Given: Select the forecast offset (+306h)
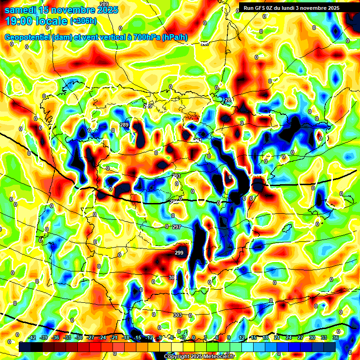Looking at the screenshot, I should click(83, 21).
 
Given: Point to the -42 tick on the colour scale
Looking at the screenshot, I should click(32, 337).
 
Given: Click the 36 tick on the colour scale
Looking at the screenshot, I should click(336, 337).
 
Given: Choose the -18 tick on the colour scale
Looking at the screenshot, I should click(126, 337).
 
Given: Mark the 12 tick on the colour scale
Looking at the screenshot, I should click(242, 337).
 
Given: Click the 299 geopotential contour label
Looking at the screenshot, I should click(179, 253).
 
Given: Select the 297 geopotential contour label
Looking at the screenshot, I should click(177, 227).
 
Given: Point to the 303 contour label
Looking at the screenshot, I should click(178, 315).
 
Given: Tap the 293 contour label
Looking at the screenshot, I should click(176, 176).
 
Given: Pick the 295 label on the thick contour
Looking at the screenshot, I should click(174, 202).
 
